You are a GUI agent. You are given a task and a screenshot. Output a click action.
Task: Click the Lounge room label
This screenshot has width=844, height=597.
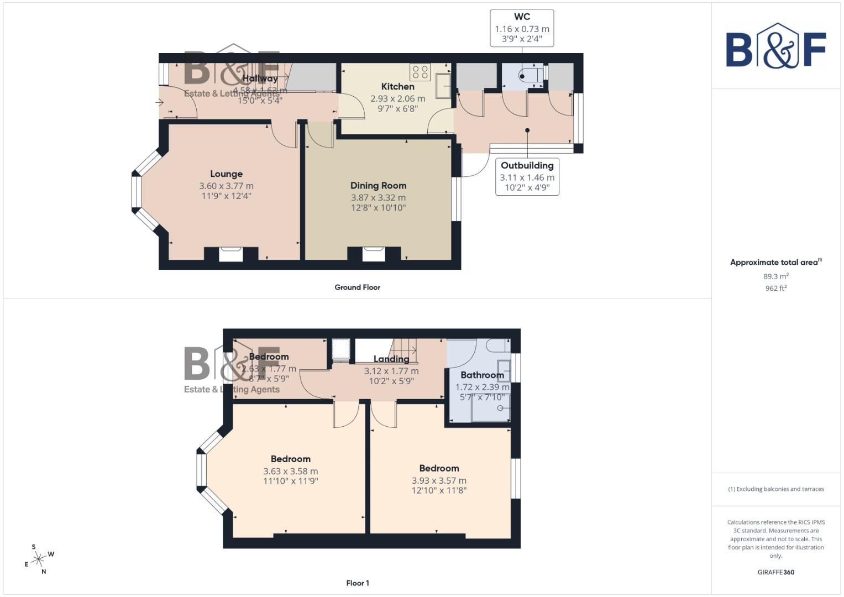tap(226, 174)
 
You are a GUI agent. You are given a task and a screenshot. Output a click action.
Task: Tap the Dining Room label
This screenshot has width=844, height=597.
tap(378, 186)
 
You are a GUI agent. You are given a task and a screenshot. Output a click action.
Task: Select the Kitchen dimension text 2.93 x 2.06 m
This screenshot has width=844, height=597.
tap(397, 99)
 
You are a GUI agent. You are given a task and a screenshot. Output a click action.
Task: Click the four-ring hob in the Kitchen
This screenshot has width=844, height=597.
tap(420, 72)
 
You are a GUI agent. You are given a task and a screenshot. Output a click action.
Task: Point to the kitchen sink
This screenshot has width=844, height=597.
tap(443, 86)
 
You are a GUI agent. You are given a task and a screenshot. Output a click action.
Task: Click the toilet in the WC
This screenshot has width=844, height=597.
tap(528, 76)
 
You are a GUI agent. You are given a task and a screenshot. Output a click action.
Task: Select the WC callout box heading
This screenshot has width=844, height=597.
tap(522, 17)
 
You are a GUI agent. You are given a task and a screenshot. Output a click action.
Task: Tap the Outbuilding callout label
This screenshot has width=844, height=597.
tap(527, 165)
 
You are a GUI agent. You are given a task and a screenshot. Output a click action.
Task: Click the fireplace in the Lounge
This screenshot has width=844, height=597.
tap(230, 254)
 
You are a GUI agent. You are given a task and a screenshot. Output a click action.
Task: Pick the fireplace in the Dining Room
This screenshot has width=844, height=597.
tap(374, 254)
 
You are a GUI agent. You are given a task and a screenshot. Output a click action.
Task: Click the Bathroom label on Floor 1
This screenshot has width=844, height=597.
tap(482, 375)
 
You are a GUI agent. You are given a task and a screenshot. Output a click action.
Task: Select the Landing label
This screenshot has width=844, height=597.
tap(391, 359)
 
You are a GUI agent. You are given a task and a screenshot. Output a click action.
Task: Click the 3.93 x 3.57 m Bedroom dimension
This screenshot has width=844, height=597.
tap(439, 481)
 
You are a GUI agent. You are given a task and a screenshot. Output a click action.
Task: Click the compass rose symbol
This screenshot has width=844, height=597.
tap(39, 559)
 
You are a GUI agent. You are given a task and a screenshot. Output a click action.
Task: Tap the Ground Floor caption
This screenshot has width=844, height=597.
tap(357, 287)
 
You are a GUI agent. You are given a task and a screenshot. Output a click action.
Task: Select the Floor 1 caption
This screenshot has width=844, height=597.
tap(357, 583)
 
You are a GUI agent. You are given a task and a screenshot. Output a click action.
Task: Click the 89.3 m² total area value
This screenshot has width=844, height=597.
tap(775, 276)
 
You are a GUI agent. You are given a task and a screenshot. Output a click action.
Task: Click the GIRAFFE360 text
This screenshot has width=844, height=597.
tap(775, 573)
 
